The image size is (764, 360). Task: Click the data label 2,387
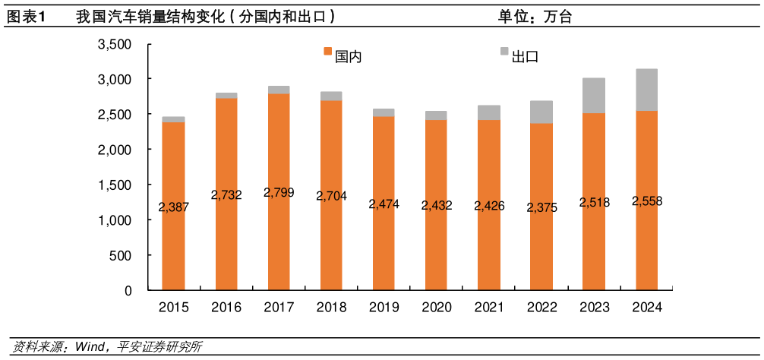[174, 207]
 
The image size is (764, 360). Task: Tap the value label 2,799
[279, 193]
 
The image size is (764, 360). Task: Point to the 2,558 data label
[647, 201]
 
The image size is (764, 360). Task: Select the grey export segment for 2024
[647, 90]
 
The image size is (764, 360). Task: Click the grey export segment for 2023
[594, 96]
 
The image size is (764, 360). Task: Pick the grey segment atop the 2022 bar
[541, 112]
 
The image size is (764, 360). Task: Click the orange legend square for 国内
[328, 52]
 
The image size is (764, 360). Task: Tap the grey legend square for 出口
[504, 52]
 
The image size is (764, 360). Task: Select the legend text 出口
[525, 57]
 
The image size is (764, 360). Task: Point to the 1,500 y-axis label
[115, 185]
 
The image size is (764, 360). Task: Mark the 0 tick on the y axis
[128, 291]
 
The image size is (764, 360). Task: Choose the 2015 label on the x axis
[173, 308]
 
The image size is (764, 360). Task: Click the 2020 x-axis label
[437, 308]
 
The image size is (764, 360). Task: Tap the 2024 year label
[647, 308]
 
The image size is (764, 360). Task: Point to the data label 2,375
[541, 207]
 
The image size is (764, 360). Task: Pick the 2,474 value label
[384, 204]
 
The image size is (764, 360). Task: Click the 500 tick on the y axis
[120, 256]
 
